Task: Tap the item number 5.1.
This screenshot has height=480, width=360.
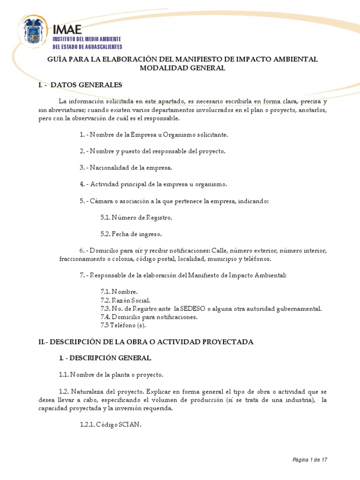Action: click(x=105, y=217)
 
